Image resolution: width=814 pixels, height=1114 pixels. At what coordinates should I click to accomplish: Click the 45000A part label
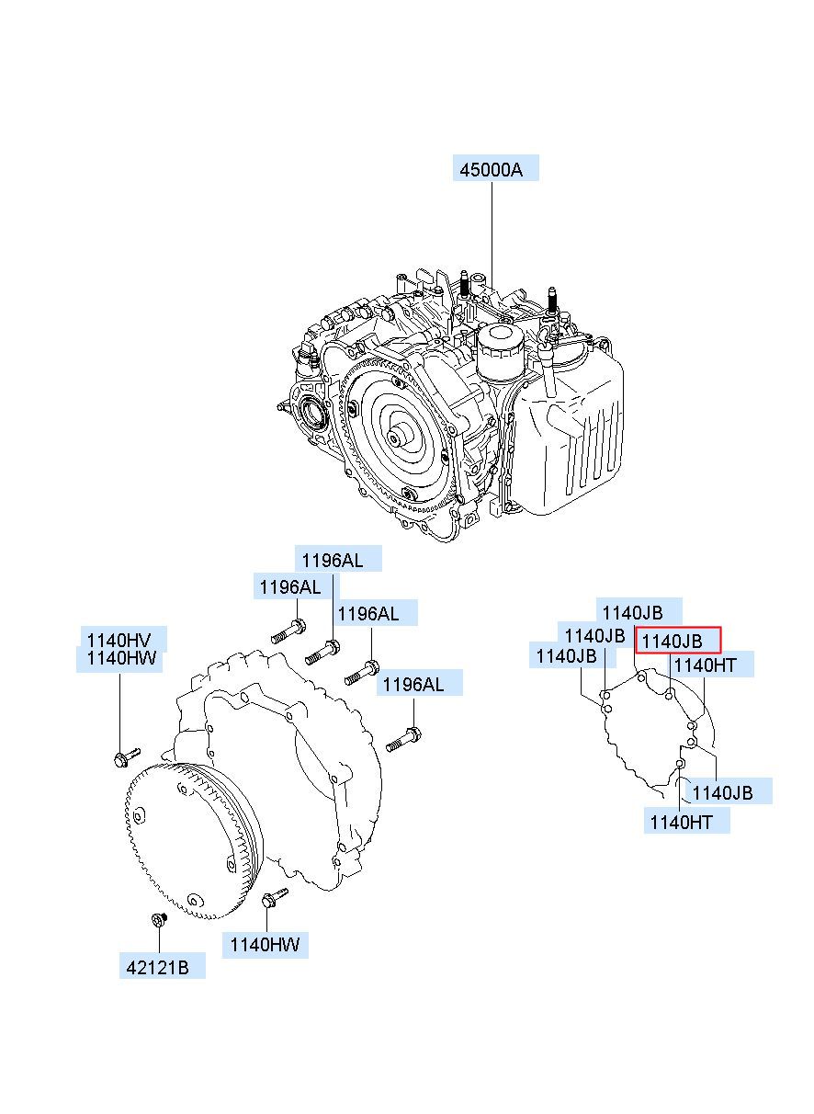(x=495, y=168)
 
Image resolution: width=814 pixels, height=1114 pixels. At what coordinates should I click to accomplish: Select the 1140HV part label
(x=119, y=640)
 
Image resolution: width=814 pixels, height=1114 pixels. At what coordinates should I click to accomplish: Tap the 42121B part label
(x=161, y=966)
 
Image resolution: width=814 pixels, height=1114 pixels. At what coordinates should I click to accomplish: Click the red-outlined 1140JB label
(x=678, y=641)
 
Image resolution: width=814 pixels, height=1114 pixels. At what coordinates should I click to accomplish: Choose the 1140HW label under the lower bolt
(x=265, y=944)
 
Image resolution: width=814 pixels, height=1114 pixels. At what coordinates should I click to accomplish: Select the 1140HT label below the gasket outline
(x=686, y=822)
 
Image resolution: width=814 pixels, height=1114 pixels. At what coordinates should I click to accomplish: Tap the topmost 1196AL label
(x=337, y=559)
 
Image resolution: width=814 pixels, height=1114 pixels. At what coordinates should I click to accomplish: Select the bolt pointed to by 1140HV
(x=124, y=757)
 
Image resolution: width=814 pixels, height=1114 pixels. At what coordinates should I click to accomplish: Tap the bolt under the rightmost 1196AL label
(x=406, y=737)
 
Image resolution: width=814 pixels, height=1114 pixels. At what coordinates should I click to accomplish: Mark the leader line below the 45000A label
(x=492, y=230)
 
